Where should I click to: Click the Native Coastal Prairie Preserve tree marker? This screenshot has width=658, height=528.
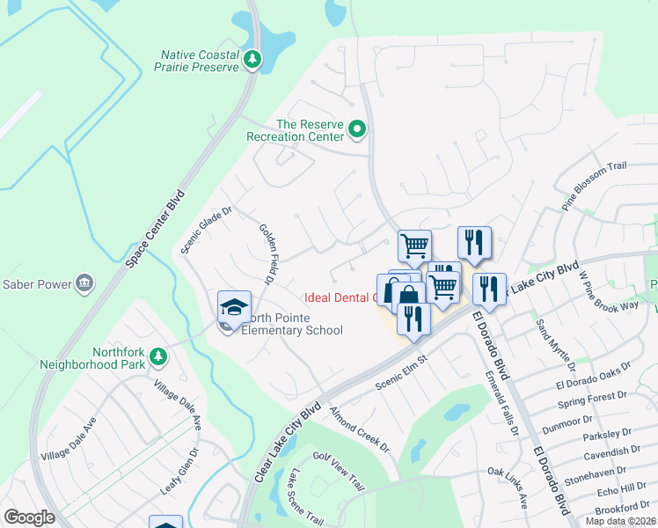253,59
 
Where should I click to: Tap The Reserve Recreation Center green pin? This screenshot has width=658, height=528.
357,130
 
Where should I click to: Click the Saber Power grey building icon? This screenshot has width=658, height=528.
84,282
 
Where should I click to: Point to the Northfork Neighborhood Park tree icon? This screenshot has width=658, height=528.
157,356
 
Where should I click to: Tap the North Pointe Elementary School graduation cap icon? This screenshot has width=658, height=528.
234,306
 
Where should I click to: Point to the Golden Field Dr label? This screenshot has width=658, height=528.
267,254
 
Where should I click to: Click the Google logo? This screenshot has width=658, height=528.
30,517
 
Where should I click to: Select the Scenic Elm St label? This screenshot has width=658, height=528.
400,370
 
